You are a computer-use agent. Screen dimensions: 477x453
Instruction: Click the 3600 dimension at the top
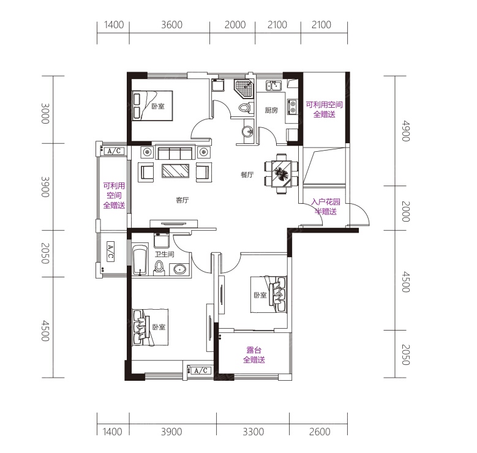point(171,24)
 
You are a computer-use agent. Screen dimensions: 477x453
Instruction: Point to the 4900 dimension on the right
point(406,131)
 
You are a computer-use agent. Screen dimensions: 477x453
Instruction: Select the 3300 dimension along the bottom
point(253,432)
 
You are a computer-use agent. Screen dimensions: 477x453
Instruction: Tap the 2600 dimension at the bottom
point(320,432)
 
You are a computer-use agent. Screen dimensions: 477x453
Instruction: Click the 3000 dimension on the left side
point(45,113)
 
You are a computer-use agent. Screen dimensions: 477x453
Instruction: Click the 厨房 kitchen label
point(271,110)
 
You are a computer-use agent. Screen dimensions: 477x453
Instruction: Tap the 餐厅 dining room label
point(247,174)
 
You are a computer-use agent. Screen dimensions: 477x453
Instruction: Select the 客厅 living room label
point(182,200)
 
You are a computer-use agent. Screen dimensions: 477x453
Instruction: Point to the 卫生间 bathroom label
point(164,254)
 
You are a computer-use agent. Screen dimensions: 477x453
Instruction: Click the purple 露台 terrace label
point(254,350)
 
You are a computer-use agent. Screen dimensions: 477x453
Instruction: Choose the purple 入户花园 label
point(326,201)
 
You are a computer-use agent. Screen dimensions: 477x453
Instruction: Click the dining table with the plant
point(282,173)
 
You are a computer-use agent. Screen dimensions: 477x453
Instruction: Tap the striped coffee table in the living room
point(176,171)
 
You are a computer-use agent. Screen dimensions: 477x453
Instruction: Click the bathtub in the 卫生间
point(140,261)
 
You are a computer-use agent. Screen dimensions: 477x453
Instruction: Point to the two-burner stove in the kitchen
point(292,107)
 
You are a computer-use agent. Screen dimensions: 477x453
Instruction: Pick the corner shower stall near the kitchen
point(244,88)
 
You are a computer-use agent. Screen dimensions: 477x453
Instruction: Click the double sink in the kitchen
point(274,86)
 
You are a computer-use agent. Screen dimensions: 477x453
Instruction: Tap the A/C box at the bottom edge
point(200,370)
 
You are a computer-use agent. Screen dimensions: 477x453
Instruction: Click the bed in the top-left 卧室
point(152,105)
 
